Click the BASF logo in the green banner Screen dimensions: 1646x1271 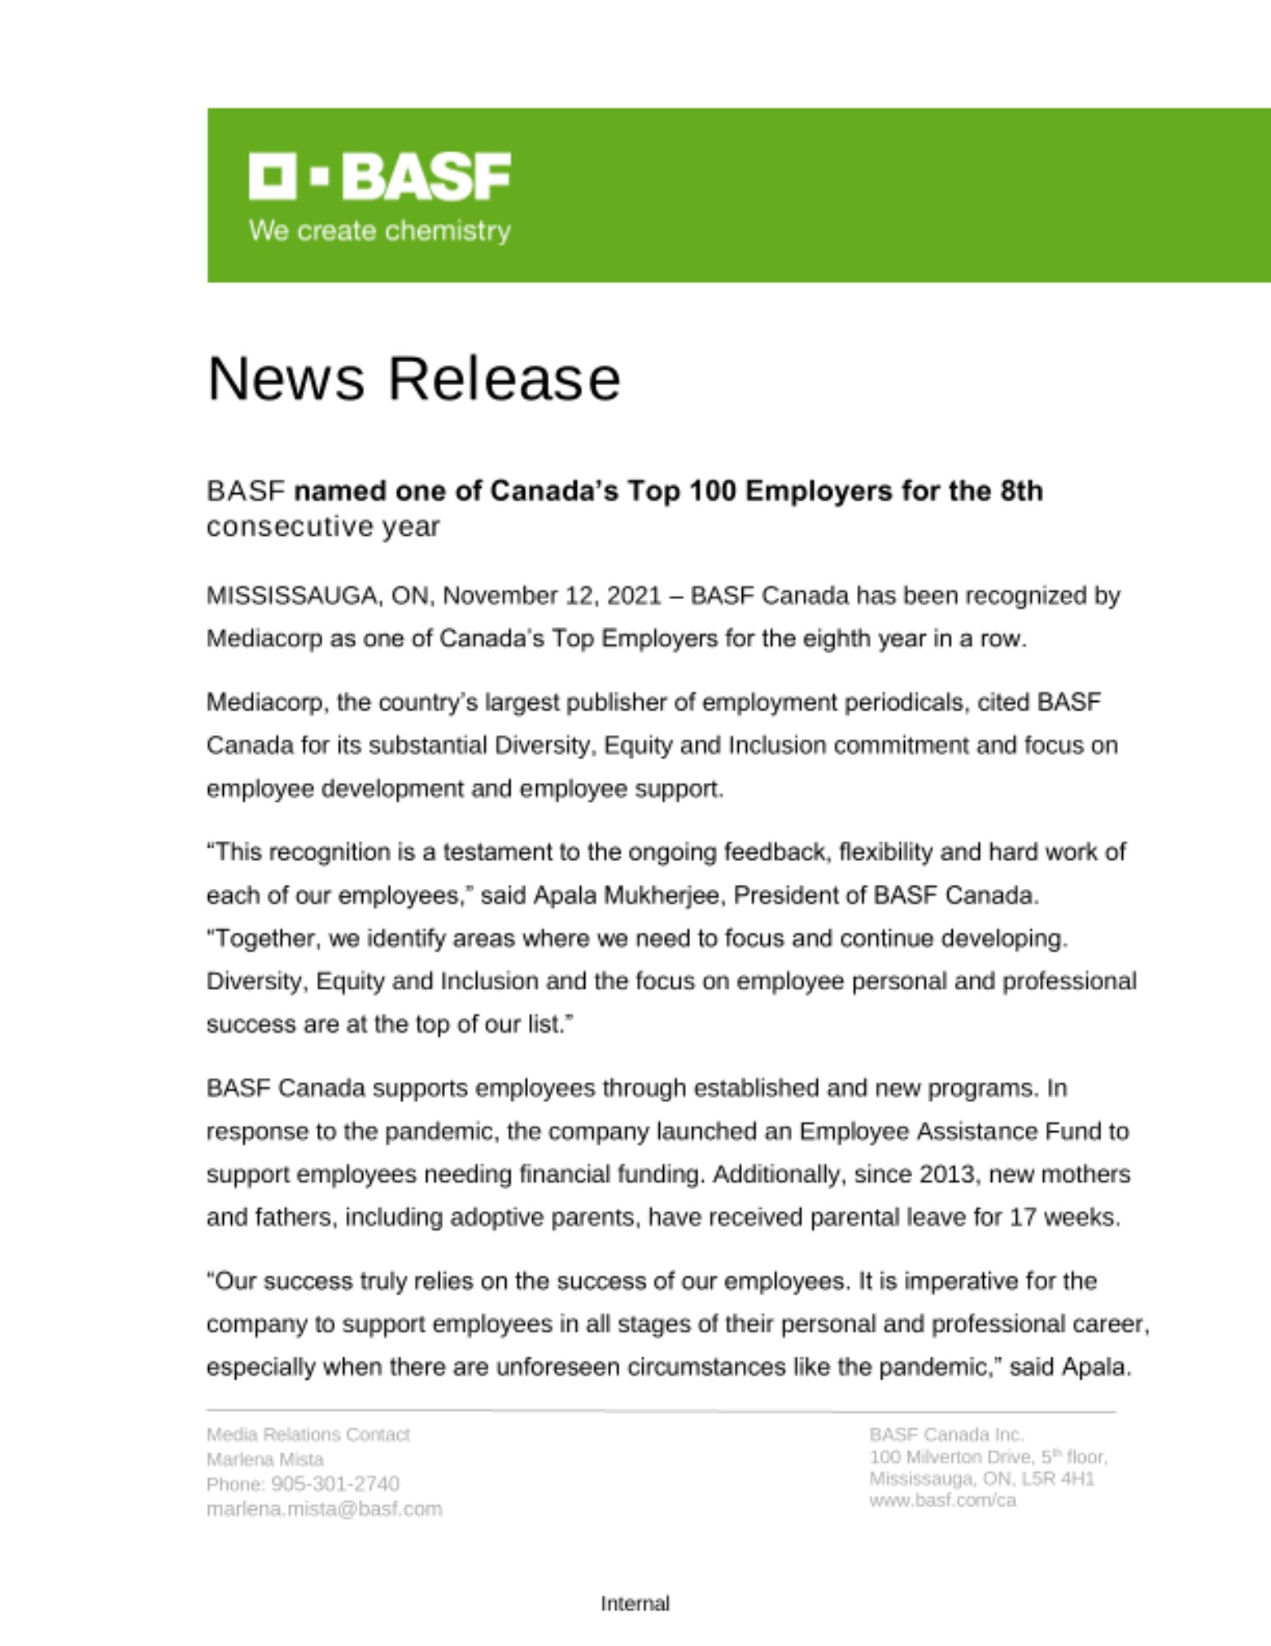[x=379, y=175]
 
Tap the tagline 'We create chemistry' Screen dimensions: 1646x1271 [x=379, y=230]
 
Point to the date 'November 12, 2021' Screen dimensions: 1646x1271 [x=552, y=595]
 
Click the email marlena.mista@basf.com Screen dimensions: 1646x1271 [x=324, y=1509]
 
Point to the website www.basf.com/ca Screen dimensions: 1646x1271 [x=943, y=1500]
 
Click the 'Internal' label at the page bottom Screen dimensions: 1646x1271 [x=635, y=1603]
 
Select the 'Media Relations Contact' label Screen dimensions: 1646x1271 [x=308, y=1434]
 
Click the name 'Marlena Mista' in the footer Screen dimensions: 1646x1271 [x=265, y=1459]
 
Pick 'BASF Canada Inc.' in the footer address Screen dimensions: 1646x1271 [x=946, y=1434]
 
